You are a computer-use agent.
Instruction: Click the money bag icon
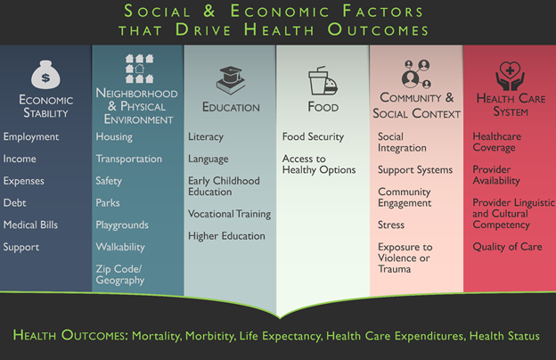tap(45, 75)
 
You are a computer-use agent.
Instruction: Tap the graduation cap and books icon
tap(231, 80)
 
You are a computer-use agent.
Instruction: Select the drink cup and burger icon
tap(323, 80)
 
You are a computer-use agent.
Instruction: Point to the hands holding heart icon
tap(510, 76)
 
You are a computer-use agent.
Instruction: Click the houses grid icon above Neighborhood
tap(139, 69)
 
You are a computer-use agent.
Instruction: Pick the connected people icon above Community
tap(416, 74)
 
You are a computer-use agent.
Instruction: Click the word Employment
tap(31, 137)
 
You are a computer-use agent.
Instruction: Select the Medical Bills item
tap(30, 225)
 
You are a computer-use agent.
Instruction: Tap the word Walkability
tap(120, 247)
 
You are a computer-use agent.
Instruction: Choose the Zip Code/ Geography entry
tap(120, 274)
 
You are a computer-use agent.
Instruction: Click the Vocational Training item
tap(229, 214)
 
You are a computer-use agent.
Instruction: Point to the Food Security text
tap(313, 136)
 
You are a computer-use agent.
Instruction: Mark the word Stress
tap(391, 225)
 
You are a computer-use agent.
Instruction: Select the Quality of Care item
tap(507, 247)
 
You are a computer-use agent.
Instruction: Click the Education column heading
tap(231, 107)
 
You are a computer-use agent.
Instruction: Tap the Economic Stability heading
tap(46, 106)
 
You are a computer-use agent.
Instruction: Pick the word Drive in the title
tap(203, 29)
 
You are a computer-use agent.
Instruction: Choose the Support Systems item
tap(415, 170)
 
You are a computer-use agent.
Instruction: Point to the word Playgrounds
tap(122, 225)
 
